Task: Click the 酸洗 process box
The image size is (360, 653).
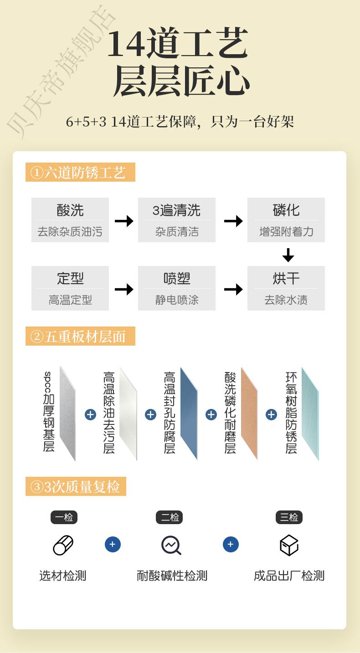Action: [70, 220]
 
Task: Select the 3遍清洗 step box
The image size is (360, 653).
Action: [177, 220]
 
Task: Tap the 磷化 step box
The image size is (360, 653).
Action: [286, 220]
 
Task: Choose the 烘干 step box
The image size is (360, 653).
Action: [286, 288]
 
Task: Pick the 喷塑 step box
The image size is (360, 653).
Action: [177, 288]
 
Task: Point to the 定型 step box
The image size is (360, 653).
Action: [70, 288]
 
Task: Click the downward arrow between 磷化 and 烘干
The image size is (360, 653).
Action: [288, 255]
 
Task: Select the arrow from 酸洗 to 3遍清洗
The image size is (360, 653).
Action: [123, 221]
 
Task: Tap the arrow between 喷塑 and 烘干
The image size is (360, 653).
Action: [233, 289]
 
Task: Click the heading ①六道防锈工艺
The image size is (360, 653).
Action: [80, 173]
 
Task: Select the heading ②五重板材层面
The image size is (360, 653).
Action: [80, 337]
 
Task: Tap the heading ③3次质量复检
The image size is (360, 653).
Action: [76, 487]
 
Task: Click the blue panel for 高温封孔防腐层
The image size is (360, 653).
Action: [189, 413]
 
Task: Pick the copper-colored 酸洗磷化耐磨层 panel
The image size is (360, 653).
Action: [249, 413]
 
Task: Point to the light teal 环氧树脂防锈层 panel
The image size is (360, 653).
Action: [310, 413]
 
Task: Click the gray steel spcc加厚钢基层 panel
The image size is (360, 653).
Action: [67, 413]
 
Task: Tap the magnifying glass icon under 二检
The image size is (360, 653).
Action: [171, 545]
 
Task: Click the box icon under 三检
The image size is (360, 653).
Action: [289, 545]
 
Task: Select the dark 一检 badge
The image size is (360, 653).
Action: [64, 517]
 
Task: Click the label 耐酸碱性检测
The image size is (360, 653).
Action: [172, 576]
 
